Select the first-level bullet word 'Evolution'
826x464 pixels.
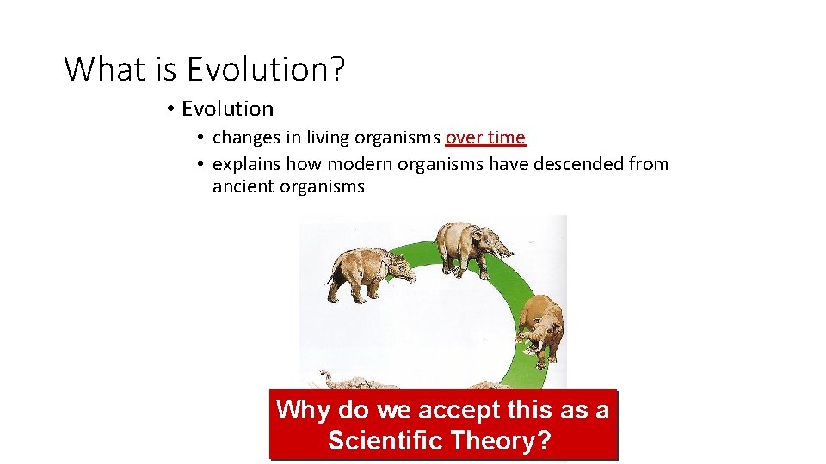point(227,109)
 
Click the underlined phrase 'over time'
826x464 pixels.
point(485,137)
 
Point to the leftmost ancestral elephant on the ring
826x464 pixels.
point(361,271)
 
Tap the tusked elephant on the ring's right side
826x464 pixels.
point(542,327)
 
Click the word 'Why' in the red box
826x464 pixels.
point(304,410)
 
